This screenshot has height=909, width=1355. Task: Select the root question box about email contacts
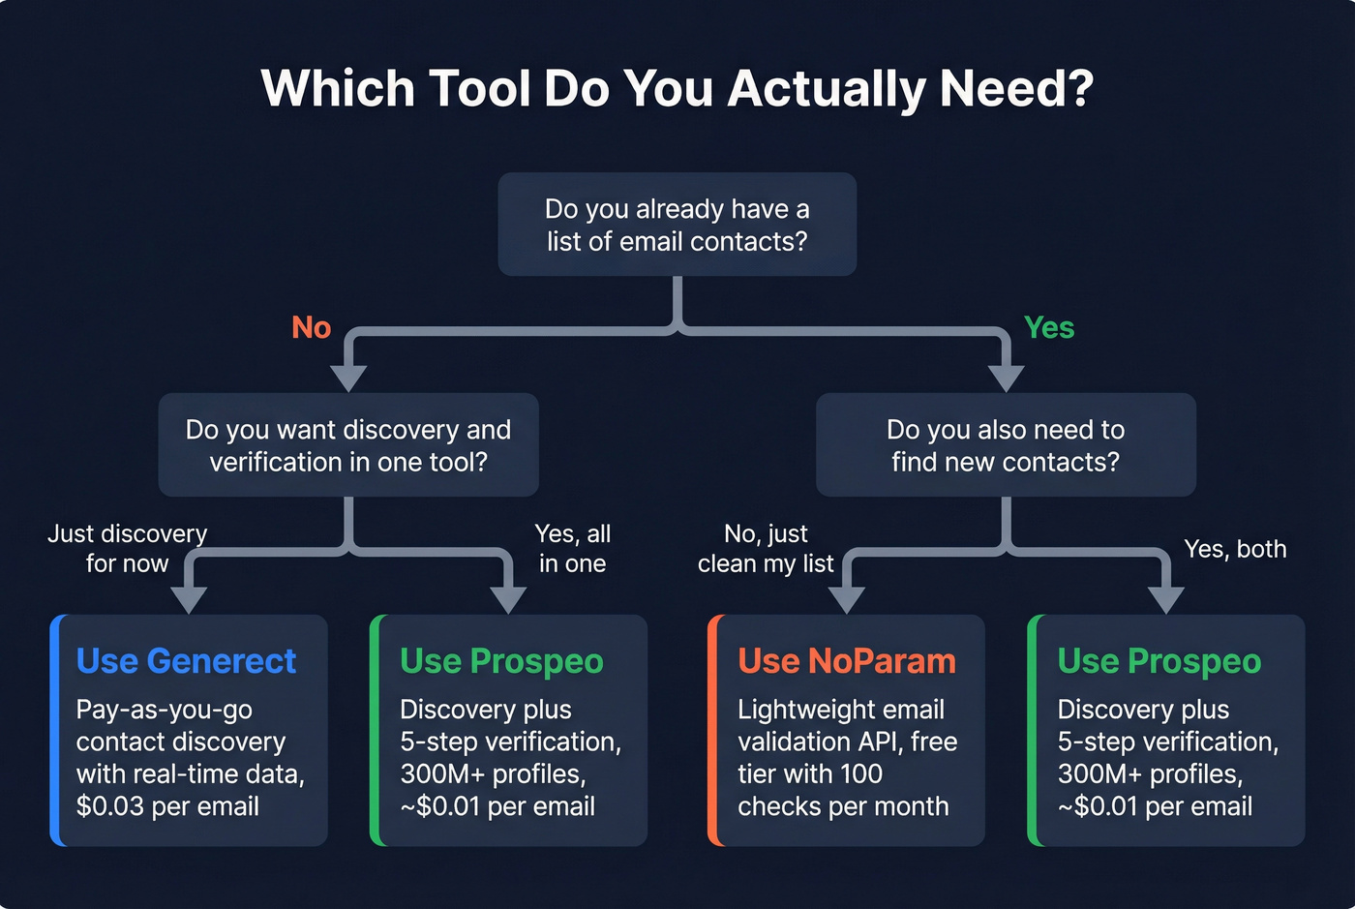click(677, 225)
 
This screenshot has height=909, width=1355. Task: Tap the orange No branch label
click(312, 328)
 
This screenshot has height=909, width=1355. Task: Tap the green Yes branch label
click(1049, 328)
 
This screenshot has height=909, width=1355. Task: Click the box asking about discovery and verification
click(348, 445)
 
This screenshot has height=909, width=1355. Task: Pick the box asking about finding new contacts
click(1006, 445)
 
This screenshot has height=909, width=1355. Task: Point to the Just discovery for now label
click(127, 548)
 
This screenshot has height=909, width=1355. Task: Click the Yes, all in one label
click(572, 548)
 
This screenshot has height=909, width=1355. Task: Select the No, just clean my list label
click(766, 548)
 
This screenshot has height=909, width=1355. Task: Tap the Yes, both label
click(1235, 549)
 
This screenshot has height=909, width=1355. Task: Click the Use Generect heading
click(186, 661)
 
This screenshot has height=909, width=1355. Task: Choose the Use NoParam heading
click(847, 661)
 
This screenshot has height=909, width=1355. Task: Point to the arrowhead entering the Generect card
click(189, 599)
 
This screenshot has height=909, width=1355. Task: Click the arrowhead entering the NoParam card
click(847, 599)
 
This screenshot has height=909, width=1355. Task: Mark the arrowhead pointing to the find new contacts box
click(1007, 378)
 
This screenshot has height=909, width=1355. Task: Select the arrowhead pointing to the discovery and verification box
click(348, 378)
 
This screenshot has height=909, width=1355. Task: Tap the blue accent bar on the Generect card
click(55, 730)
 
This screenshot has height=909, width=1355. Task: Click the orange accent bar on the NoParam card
click(713, 730)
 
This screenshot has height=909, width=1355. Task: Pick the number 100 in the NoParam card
click(860, 774)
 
